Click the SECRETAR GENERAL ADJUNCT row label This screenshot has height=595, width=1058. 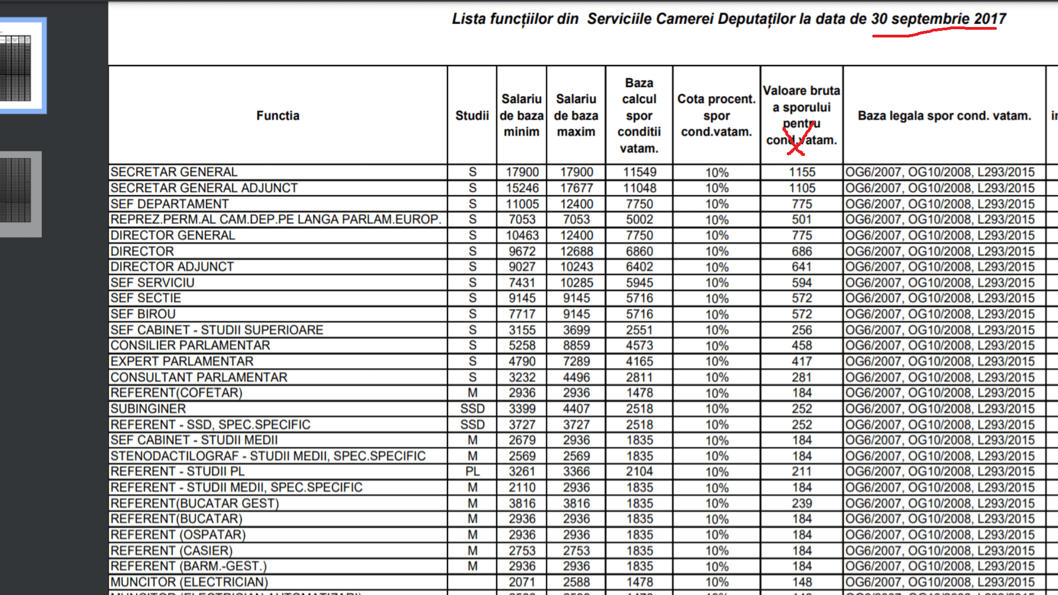pyautogui.click(x=204, y=188)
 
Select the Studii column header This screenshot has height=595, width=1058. pyautogui.click(x=472, y=116)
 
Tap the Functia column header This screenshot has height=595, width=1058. pyautogui.click(x=278, y=116)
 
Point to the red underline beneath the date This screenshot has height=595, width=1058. pyautogui.click(x=935, y=32)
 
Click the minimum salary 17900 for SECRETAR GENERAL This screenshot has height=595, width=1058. pyautogui.click(x=522, y=172)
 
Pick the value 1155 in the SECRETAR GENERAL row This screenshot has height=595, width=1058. pyautogui.click(x=802, y=172)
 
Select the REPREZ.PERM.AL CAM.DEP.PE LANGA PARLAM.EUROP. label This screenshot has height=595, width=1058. pyautogui.click(x=276, y=219)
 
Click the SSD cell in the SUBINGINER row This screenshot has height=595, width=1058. pyautogui.click(x=472, y=409)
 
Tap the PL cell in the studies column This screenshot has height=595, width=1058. pyautogui.click(x=472, y=472)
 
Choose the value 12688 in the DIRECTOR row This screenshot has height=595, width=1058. pyautogui.click(x=576, y=251)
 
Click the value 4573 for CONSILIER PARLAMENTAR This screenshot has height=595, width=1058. pyautogui.click(x=639, y=345)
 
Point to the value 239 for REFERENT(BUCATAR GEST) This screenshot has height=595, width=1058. pyautogui.click(x=802, y=504)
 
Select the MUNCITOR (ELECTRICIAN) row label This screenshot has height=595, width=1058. pyautogui.click(x=189, y=582)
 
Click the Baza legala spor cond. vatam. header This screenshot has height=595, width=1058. pyautogui.click(x=944, y=116)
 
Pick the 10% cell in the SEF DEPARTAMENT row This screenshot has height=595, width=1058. pyautogui.click(x=717, y=204)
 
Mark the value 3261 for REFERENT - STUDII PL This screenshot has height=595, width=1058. pyautogui.click(x=522, y=472)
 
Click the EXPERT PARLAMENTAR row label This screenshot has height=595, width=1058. pyautogui.click(x=182, y=361)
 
